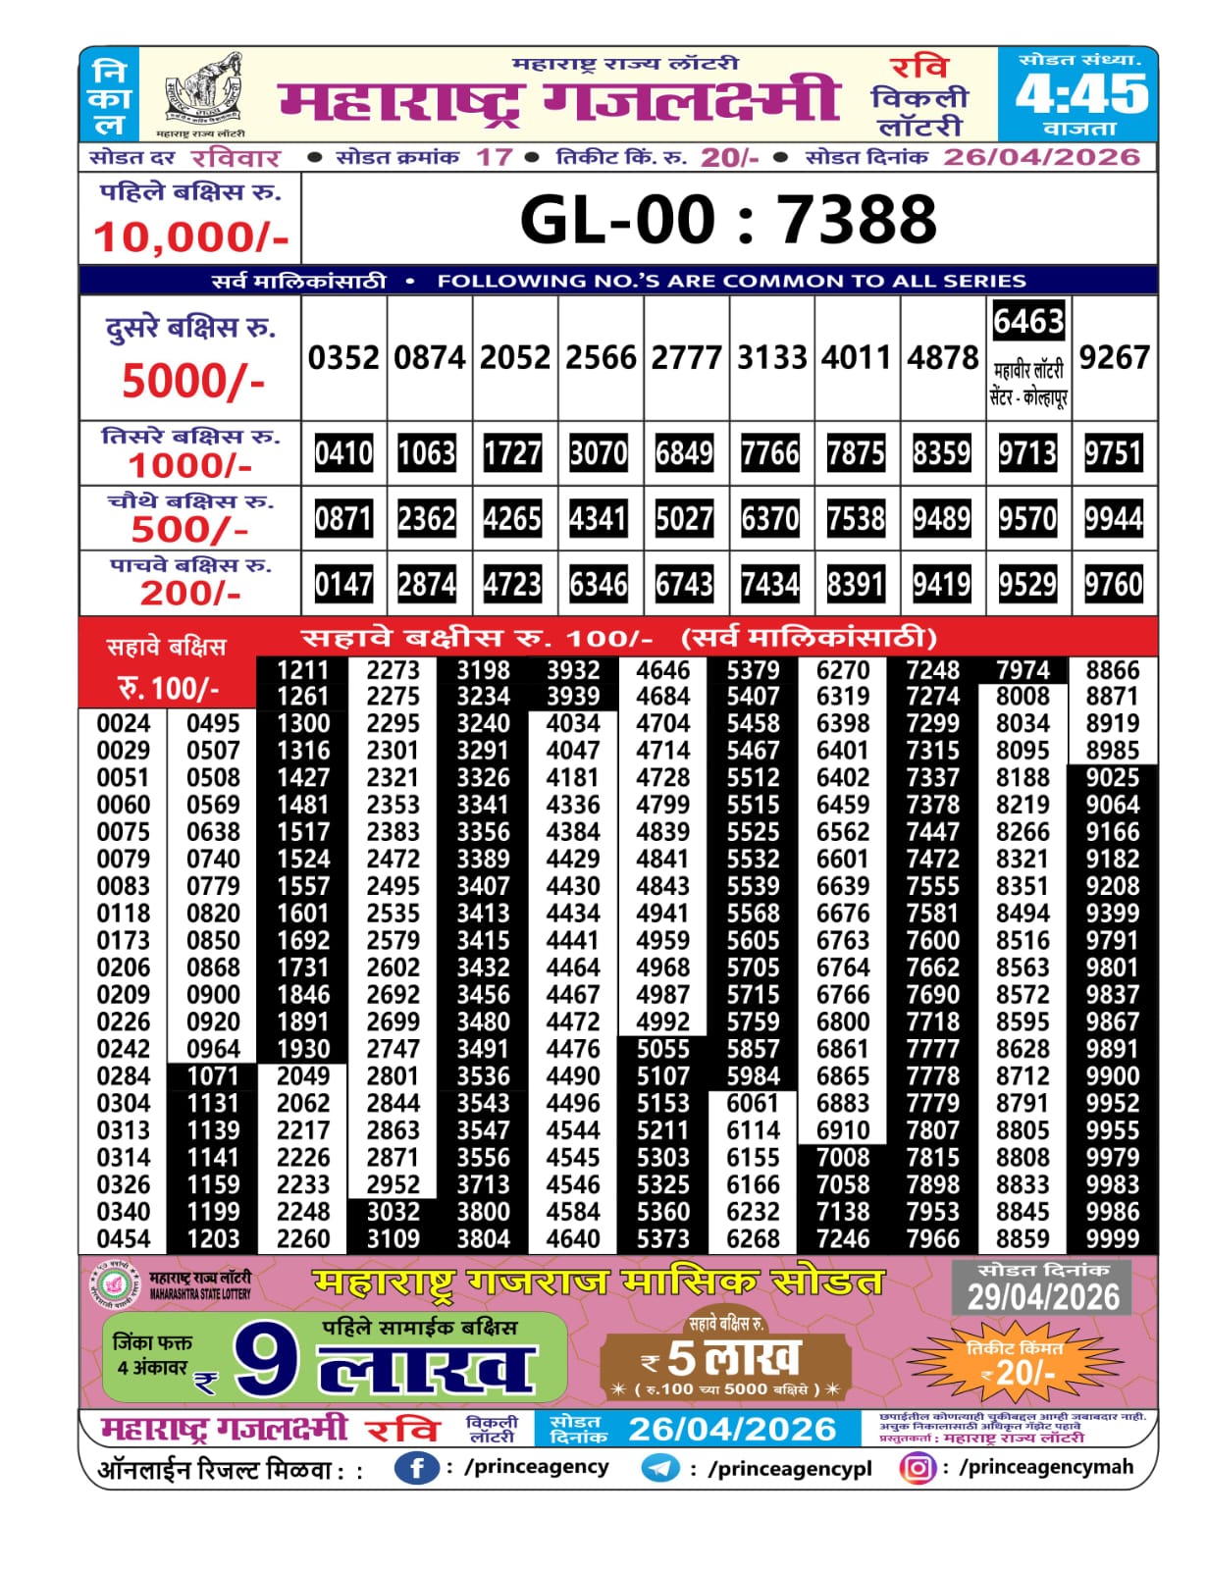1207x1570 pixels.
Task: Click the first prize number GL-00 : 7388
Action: [x=728, y=219]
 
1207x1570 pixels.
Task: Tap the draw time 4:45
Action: [x=1081, y=94]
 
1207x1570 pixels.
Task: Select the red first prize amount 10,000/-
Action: [x=190, y=237]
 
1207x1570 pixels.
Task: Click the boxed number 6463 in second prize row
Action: [x=1028, y=321]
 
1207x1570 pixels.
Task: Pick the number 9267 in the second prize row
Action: [x=1114, y=357]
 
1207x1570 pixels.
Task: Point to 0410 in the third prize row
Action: [x=343, y=453]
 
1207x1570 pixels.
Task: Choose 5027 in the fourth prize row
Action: [x=684, y=518]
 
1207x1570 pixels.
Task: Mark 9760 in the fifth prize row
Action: [x=1114, y=585]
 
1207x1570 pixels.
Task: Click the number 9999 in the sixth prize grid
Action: [x=1113, y=1238]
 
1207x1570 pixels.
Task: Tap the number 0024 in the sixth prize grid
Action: [x=124, y=723]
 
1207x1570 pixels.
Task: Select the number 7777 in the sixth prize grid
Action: [x=932, y=1049]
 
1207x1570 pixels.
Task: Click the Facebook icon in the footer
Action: [x=416, y=1468]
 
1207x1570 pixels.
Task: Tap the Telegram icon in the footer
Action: [x=660, y=1468]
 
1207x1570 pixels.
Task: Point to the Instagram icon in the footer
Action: [x=917, y=1468]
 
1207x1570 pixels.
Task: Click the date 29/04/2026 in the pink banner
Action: [x=1043, y=1297]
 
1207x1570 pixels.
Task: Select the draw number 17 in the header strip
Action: [x=494, y=157]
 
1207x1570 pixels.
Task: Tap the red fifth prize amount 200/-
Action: [x=190, y=593]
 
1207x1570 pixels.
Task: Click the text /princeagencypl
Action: [x=790, y=1468]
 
